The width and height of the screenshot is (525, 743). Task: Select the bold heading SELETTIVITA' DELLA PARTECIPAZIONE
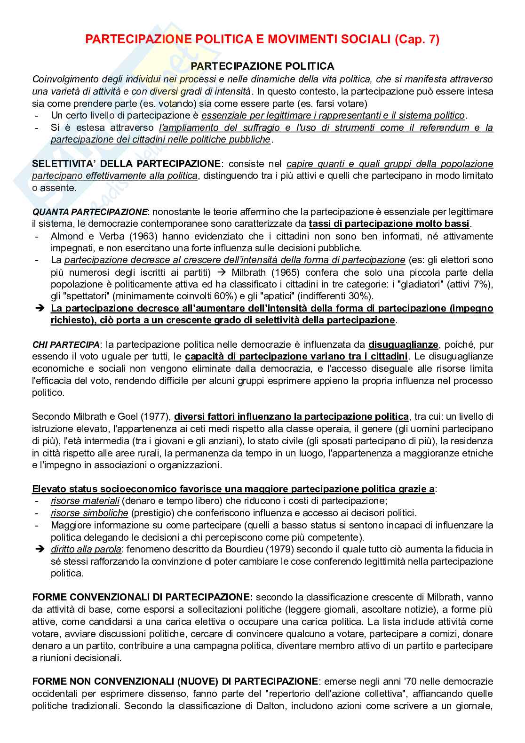(126, 164)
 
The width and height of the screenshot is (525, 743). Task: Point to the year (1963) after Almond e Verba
(135, 236)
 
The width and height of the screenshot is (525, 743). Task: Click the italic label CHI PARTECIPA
(65, 345)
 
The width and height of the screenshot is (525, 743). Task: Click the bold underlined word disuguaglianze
(403, 344)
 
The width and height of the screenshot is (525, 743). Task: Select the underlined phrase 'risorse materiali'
(85, 501)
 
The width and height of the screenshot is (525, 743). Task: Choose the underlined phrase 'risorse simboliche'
(89, 513)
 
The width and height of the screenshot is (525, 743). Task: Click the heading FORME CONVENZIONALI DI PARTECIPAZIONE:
(142, 597)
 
